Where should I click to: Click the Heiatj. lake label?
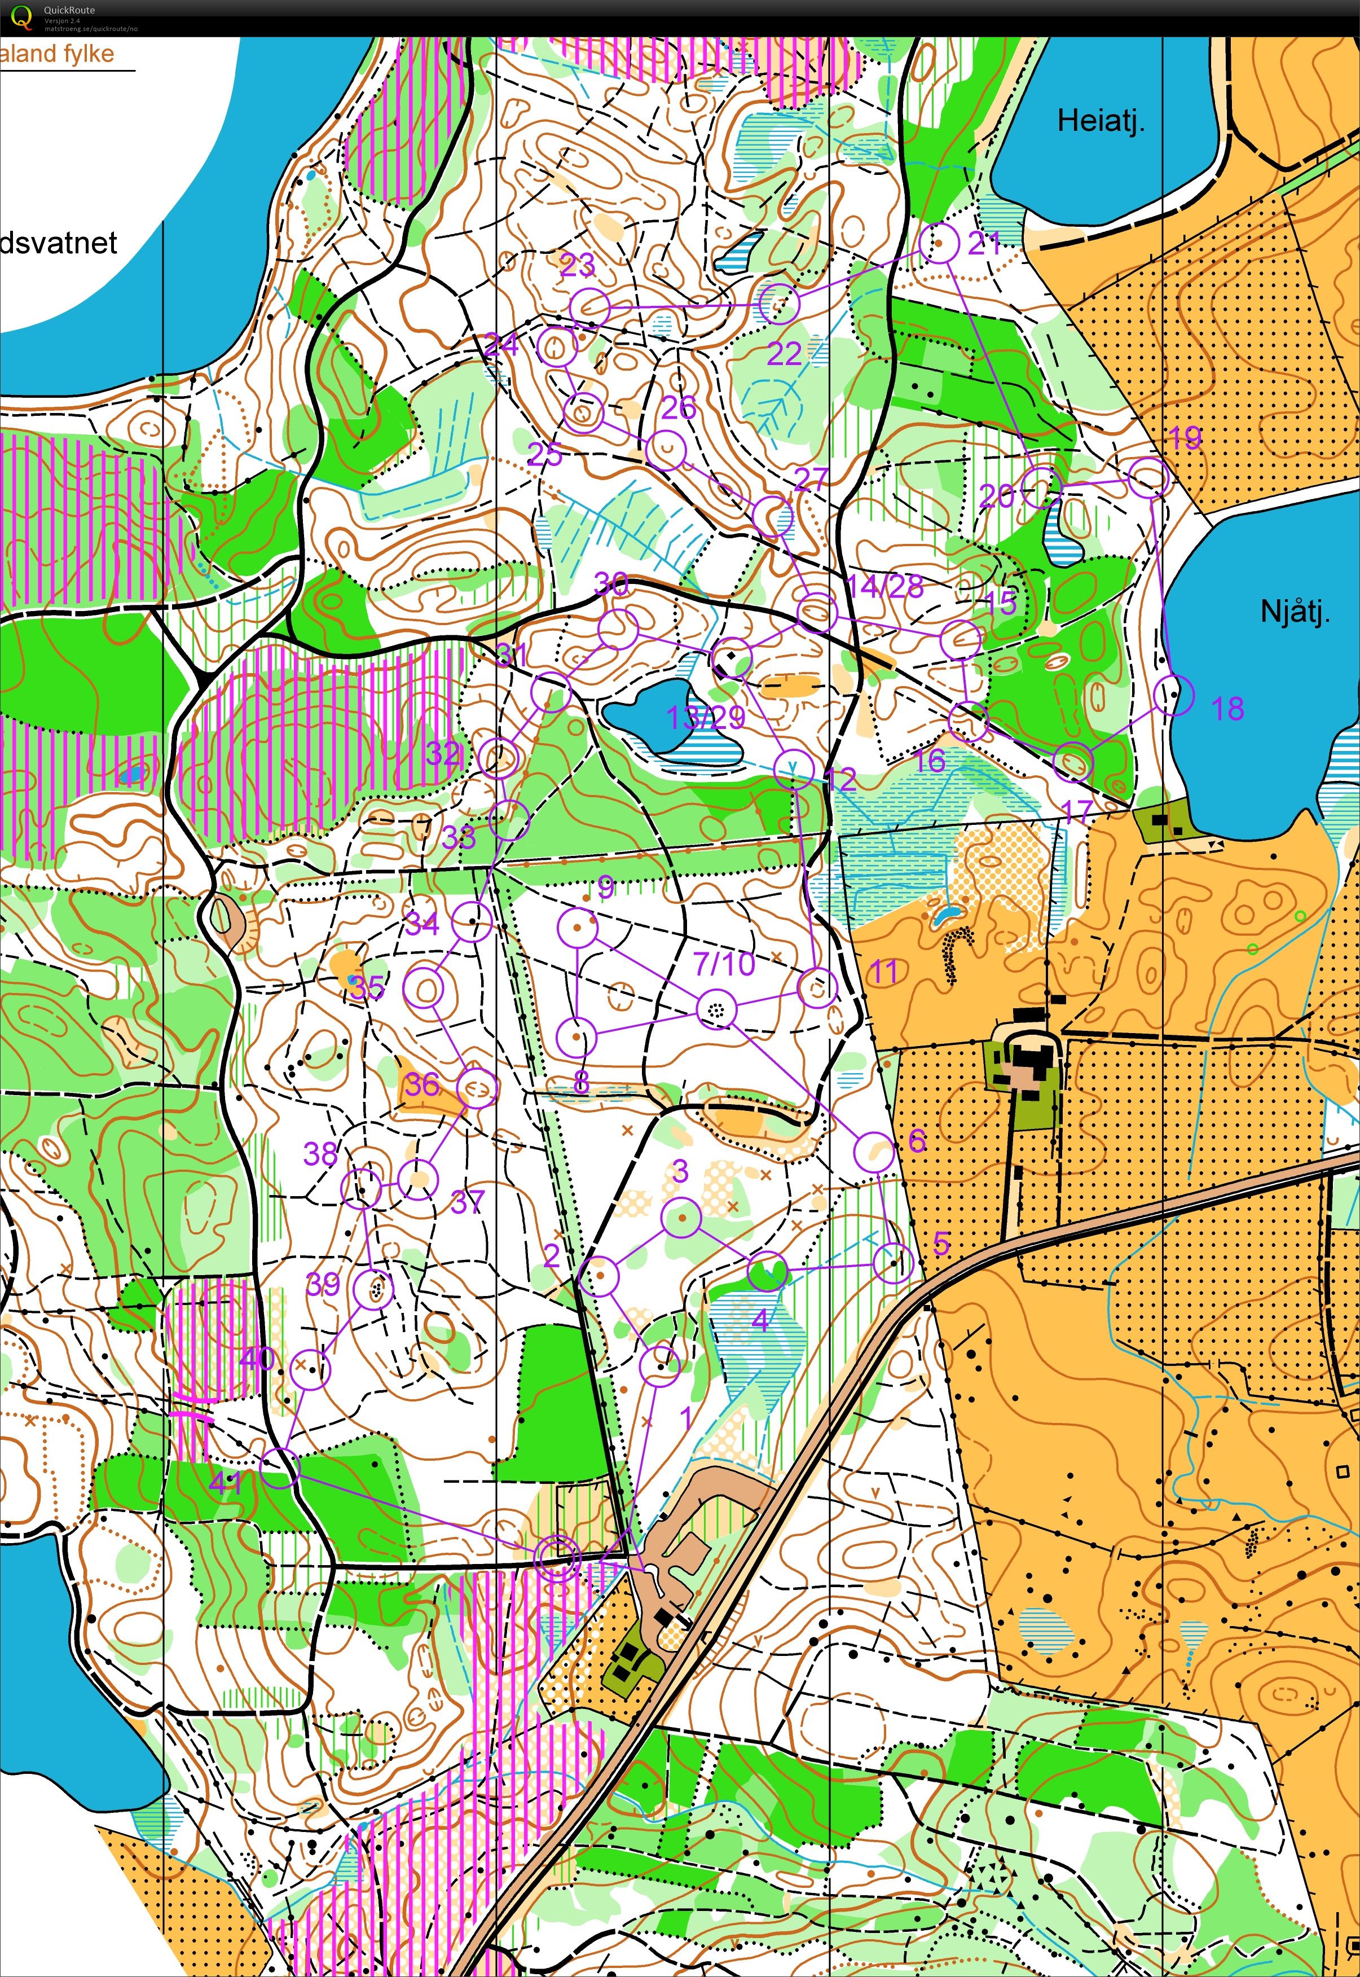click(1100, 120)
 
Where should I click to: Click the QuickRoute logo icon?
click(22, 17)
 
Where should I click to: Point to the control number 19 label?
click(1183, 438)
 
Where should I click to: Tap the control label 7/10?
click(724, 964)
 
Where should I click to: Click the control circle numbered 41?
click(279, 1468)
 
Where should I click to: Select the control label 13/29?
click(706, 718)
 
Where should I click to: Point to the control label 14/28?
click(886, 586)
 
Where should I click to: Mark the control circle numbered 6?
click(873, 1152)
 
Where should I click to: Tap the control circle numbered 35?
click(424, 990)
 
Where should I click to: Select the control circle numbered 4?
click(768, 1271)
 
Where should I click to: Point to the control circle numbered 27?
click(773, 516)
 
